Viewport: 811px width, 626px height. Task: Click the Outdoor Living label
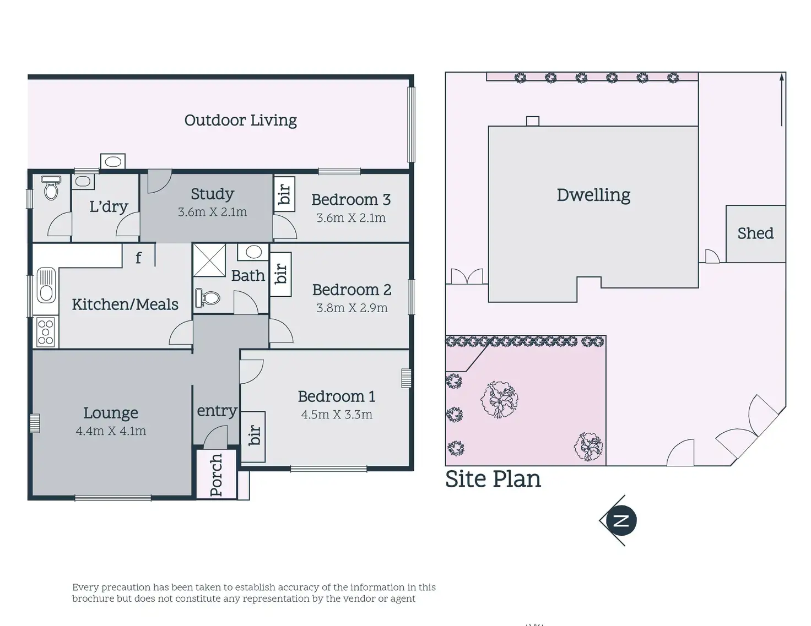click(x=240, y=120)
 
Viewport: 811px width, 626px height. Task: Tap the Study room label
click(x=212, y=194)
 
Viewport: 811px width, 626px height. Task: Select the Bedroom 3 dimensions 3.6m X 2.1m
click(x=351, y=218)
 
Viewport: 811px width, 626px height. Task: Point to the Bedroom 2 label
click(x=352, y=290)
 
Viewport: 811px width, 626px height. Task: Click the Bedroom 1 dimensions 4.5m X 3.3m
click(x=337, y=415)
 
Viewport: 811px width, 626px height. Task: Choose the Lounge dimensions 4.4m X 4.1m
click(x=111, y=431)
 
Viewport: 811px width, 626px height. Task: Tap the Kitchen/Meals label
click(x=125, y=304)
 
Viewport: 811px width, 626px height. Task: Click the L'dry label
click(x=109, y=206)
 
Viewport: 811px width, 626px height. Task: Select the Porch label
click(x=217, y=474)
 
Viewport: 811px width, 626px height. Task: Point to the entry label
click(x=217, y=411)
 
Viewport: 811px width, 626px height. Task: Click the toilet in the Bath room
click(x=207, y=298)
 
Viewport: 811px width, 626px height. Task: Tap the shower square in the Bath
click(x=209, y=260)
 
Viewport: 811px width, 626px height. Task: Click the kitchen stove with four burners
click(x=46, y=333)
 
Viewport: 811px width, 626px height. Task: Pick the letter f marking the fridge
click(x=138, y=257)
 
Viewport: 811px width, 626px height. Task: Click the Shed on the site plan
click(x=755, y=233)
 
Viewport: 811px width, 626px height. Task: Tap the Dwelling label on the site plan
click(x=593, y=195)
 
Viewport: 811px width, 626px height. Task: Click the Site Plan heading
click(x=493, y=479)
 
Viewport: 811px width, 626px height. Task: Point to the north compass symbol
click(x=620, y=520)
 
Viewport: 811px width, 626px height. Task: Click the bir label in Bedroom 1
click(x=253, y=436)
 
